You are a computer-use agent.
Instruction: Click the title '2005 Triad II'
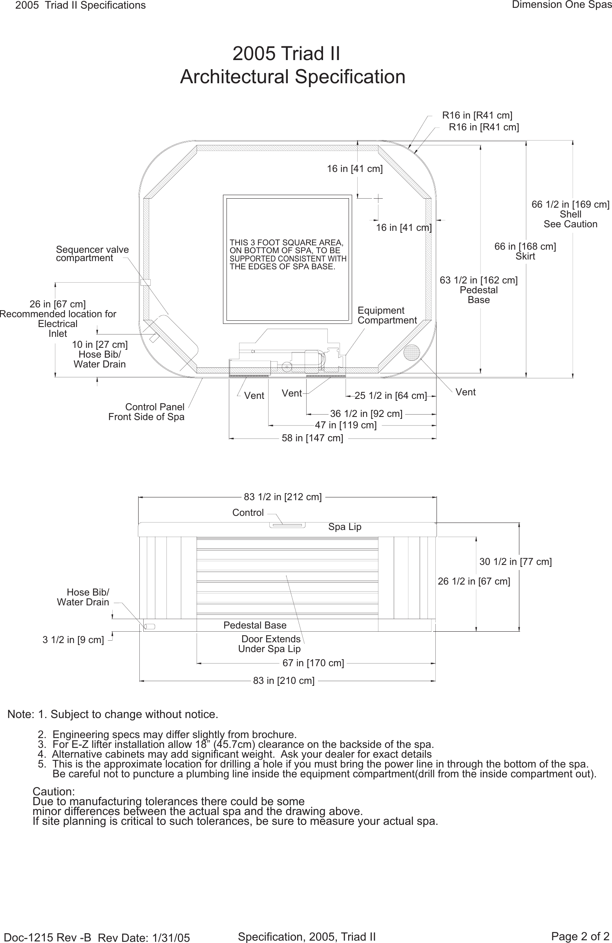pos(286,53)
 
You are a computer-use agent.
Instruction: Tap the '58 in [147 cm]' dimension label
pos(312,438)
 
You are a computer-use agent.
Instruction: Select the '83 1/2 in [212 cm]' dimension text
pos(282,497)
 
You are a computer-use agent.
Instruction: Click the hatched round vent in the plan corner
pos(411,352)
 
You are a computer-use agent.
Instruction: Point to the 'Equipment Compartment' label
pos(387,315)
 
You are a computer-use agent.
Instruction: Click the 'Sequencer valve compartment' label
pos(92,254)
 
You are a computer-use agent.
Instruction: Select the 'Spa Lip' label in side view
pos(345,527)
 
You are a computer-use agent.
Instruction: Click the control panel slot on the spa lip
pos(288,525)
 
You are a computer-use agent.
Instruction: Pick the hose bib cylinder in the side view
pos(150,627)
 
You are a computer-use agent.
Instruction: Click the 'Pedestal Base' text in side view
pos(255,625)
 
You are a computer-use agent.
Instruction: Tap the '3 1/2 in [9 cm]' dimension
pos(73,640)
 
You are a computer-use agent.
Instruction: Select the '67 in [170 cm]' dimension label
pos(313,663)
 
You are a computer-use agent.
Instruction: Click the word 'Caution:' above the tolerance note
pos(53,791)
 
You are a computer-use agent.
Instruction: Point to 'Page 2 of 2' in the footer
pos(580,936)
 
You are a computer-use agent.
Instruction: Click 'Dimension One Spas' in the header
pos(561,5)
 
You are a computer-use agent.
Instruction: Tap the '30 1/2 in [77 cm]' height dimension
pos(515,562)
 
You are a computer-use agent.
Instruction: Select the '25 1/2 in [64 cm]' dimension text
pos(391,396)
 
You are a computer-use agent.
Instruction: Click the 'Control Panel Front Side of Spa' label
pos(146,412)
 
